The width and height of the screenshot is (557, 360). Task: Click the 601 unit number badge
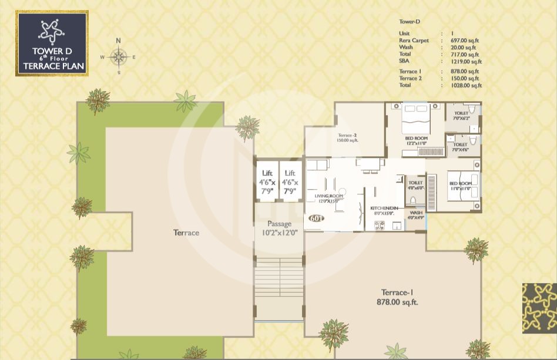click(316, 218)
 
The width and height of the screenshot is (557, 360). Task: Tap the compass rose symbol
click(119, 57)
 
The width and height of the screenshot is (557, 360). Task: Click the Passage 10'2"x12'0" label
click(279, 228)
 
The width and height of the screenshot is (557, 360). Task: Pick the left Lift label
click(267, 182)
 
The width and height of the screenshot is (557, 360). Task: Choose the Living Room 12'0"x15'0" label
click(328, 198)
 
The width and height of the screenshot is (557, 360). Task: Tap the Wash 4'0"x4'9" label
click(416, 215)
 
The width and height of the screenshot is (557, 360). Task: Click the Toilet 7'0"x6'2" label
click(461, 115)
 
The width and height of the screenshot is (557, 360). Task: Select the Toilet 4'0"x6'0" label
click(415, 185)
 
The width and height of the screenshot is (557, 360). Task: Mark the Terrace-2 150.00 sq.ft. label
click(347, 138)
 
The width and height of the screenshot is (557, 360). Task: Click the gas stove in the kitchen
click(379, 226)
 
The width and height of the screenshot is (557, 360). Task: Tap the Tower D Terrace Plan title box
click(52, 43)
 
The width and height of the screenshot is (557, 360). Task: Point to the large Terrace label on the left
click(186, 233)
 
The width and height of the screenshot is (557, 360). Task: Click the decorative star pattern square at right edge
click(539, 308)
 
